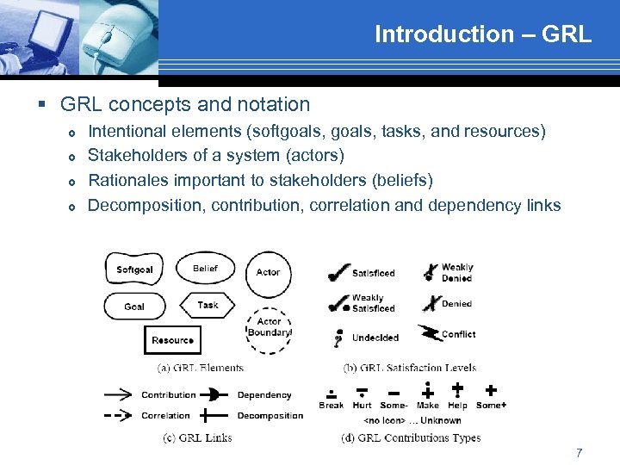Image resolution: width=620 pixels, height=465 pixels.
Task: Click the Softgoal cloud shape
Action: [x=134, y=270]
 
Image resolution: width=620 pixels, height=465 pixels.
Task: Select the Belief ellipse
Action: [x=205, y=269]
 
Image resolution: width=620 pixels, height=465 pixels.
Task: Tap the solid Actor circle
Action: [x=268, y=273]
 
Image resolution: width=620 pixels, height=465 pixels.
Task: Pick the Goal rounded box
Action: [x=134, y=307]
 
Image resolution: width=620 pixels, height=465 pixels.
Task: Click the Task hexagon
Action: [x=208, y=305]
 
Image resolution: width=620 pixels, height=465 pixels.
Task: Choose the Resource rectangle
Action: [x=172, y=340]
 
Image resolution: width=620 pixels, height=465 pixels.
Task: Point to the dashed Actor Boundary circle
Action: [x=269, y=328]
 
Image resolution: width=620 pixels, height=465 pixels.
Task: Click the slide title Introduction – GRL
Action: [x=482, y=34]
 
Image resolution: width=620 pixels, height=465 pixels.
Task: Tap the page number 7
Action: [x=580, y=452]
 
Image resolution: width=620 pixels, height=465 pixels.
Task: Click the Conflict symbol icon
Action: [x=428, y=333]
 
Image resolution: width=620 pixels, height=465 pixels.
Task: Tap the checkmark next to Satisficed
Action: [x=338, y=272]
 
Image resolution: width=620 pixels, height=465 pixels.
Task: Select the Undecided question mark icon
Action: [x=339, y=338]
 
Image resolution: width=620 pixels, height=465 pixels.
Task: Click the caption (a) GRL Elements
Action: [x=200, y=368]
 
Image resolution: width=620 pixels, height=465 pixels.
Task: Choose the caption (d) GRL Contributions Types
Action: [x=410, y=437]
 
